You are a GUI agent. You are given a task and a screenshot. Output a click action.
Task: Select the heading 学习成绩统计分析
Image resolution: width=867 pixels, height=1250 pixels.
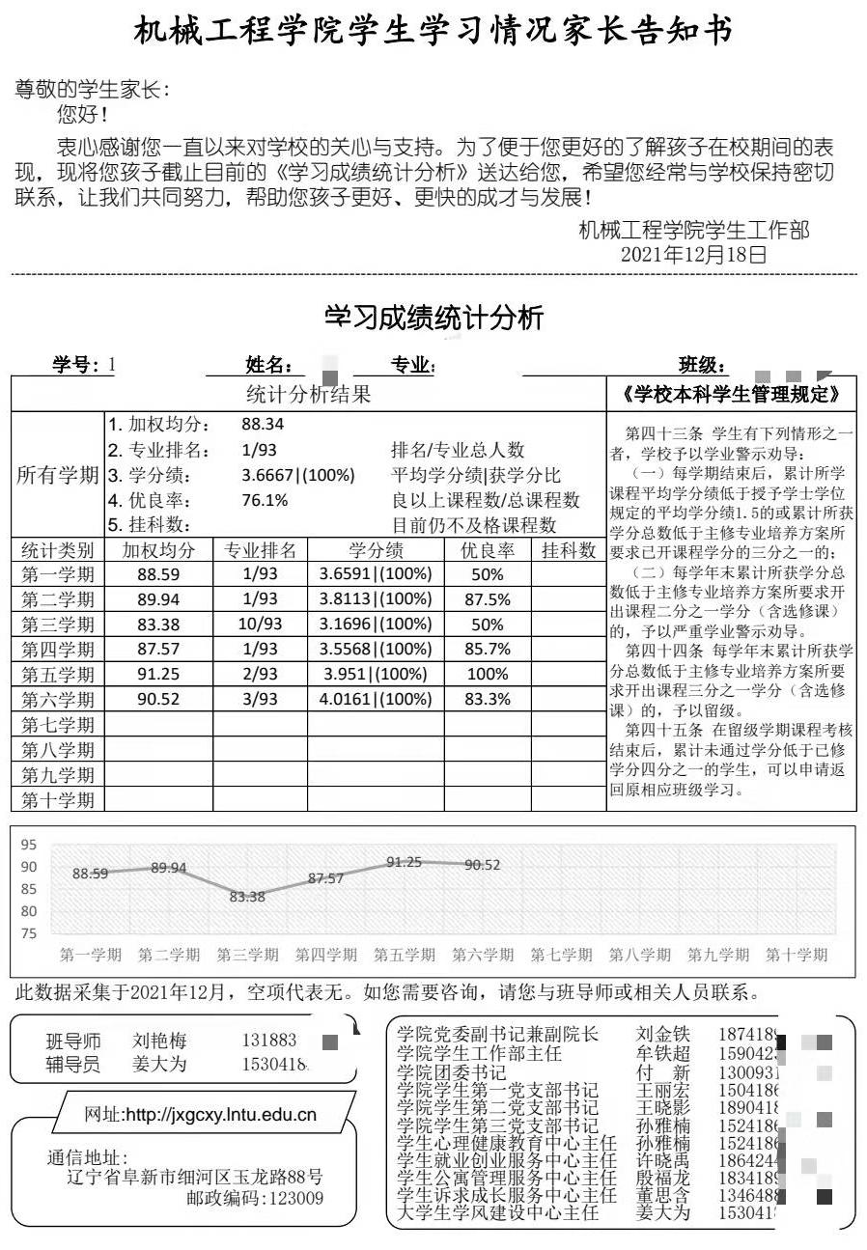pyautogui.click(x=433, y=318)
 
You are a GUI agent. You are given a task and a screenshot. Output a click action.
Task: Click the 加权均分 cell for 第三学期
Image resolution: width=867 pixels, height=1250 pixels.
pyautogui.click(x=158, y=624)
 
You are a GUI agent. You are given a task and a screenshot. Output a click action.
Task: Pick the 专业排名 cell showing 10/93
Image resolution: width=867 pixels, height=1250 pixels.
pyautogui.click(x=261, y=624)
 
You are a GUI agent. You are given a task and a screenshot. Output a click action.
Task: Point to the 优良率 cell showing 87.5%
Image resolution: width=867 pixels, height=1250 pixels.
pyautogui.click(x=488, y=598)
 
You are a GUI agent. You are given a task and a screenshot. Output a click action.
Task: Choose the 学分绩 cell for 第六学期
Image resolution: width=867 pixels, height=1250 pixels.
pyautogui.click(x=376, y=699)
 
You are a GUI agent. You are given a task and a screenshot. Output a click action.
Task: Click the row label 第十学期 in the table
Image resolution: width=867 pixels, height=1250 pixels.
pyautogui.click(x=58, y=799)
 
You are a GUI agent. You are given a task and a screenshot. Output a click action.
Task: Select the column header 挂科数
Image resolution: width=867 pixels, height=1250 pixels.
pyautogui.click(x=569, y=550)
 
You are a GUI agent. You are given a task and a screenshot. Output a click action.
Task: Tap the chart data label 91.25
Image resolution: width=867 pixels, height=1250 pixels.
pyautogui.click(x=404, y=862)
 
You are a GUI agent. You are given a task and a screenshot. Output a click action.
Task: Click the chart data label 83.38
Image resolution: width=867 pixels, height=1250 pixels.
pyautogui.click(x=247, y=897)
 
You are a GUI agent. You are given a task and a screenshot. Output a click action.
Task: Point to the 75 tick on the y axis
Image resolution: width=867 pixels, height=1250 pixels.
pyautogui.click(x=29, y=933)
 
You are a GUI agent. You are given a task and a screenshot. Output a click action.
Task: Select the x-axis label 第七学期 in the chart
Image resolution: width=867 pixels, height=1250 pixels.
pyautogui.click(x=561, y=955)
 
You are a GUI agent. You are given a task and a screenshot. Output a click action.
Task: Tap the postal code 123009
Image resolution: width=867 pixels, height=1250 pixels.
pyautogui.click(x=294, y=1198)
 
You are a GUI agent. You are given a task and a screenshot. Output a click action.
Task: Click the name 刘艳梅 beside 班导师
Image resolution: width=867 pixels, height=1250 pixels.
pyautogui.click(x=159, y=1042)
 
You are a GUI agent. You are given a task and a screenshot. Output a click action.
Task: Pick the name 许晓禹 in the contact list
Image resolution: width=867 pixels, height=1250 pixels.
pyautogui.click(x=663, y=1161)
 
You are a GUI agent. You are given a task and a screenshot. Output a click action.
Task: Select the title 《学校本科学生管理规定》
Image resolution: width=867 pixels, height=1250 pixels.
pyautogui.click(x=732, y=394)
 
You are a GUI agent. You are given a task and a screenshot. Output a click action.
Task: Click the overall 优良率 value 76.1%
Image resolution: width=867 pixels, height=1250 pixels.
pyautogui.click(x=265, y=500)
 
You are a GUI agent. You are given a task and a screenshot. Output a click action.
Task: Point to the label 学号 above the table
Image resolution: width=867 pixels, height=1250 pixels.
pyautogui.click(x=75, y=365)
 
